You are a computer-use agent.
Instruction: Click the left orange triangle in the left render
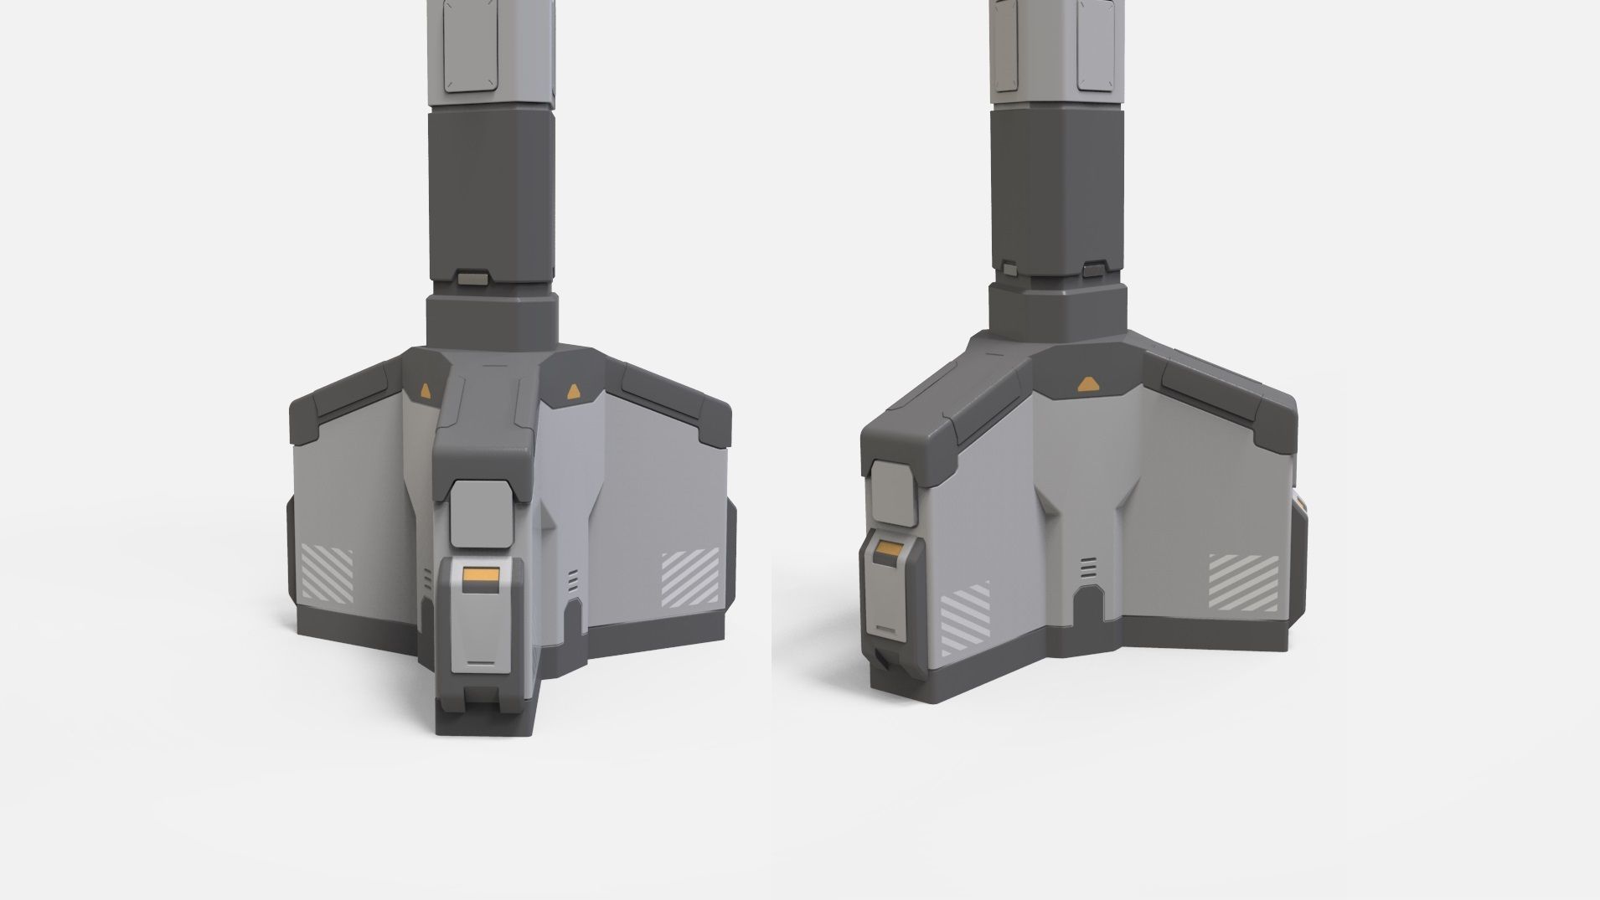pyautogui.click(x=426, y=391)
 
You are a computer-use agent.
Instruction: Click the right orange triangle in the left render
pyautogui.click(x=573, y=390)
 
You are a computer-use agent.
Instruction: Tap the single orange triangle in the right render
pyautogui.click(x=1086, y=384)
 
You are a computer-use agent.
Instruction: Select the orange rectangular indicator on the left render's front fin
pyautogui.click(x=480, y=576)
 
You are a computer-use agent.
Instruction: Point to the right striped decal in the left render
pyautogui.click(x=690, y=579)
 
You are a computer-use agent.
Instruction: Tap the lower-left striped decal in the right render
pyautogui.click(x=965, y=620)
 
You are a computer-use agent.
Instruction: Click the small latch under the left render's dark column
pyautogui.click(x=475, y=276)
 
